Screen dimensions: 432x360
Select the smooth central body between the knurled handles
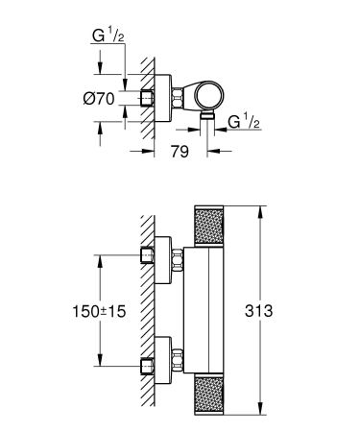(206, 312)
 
